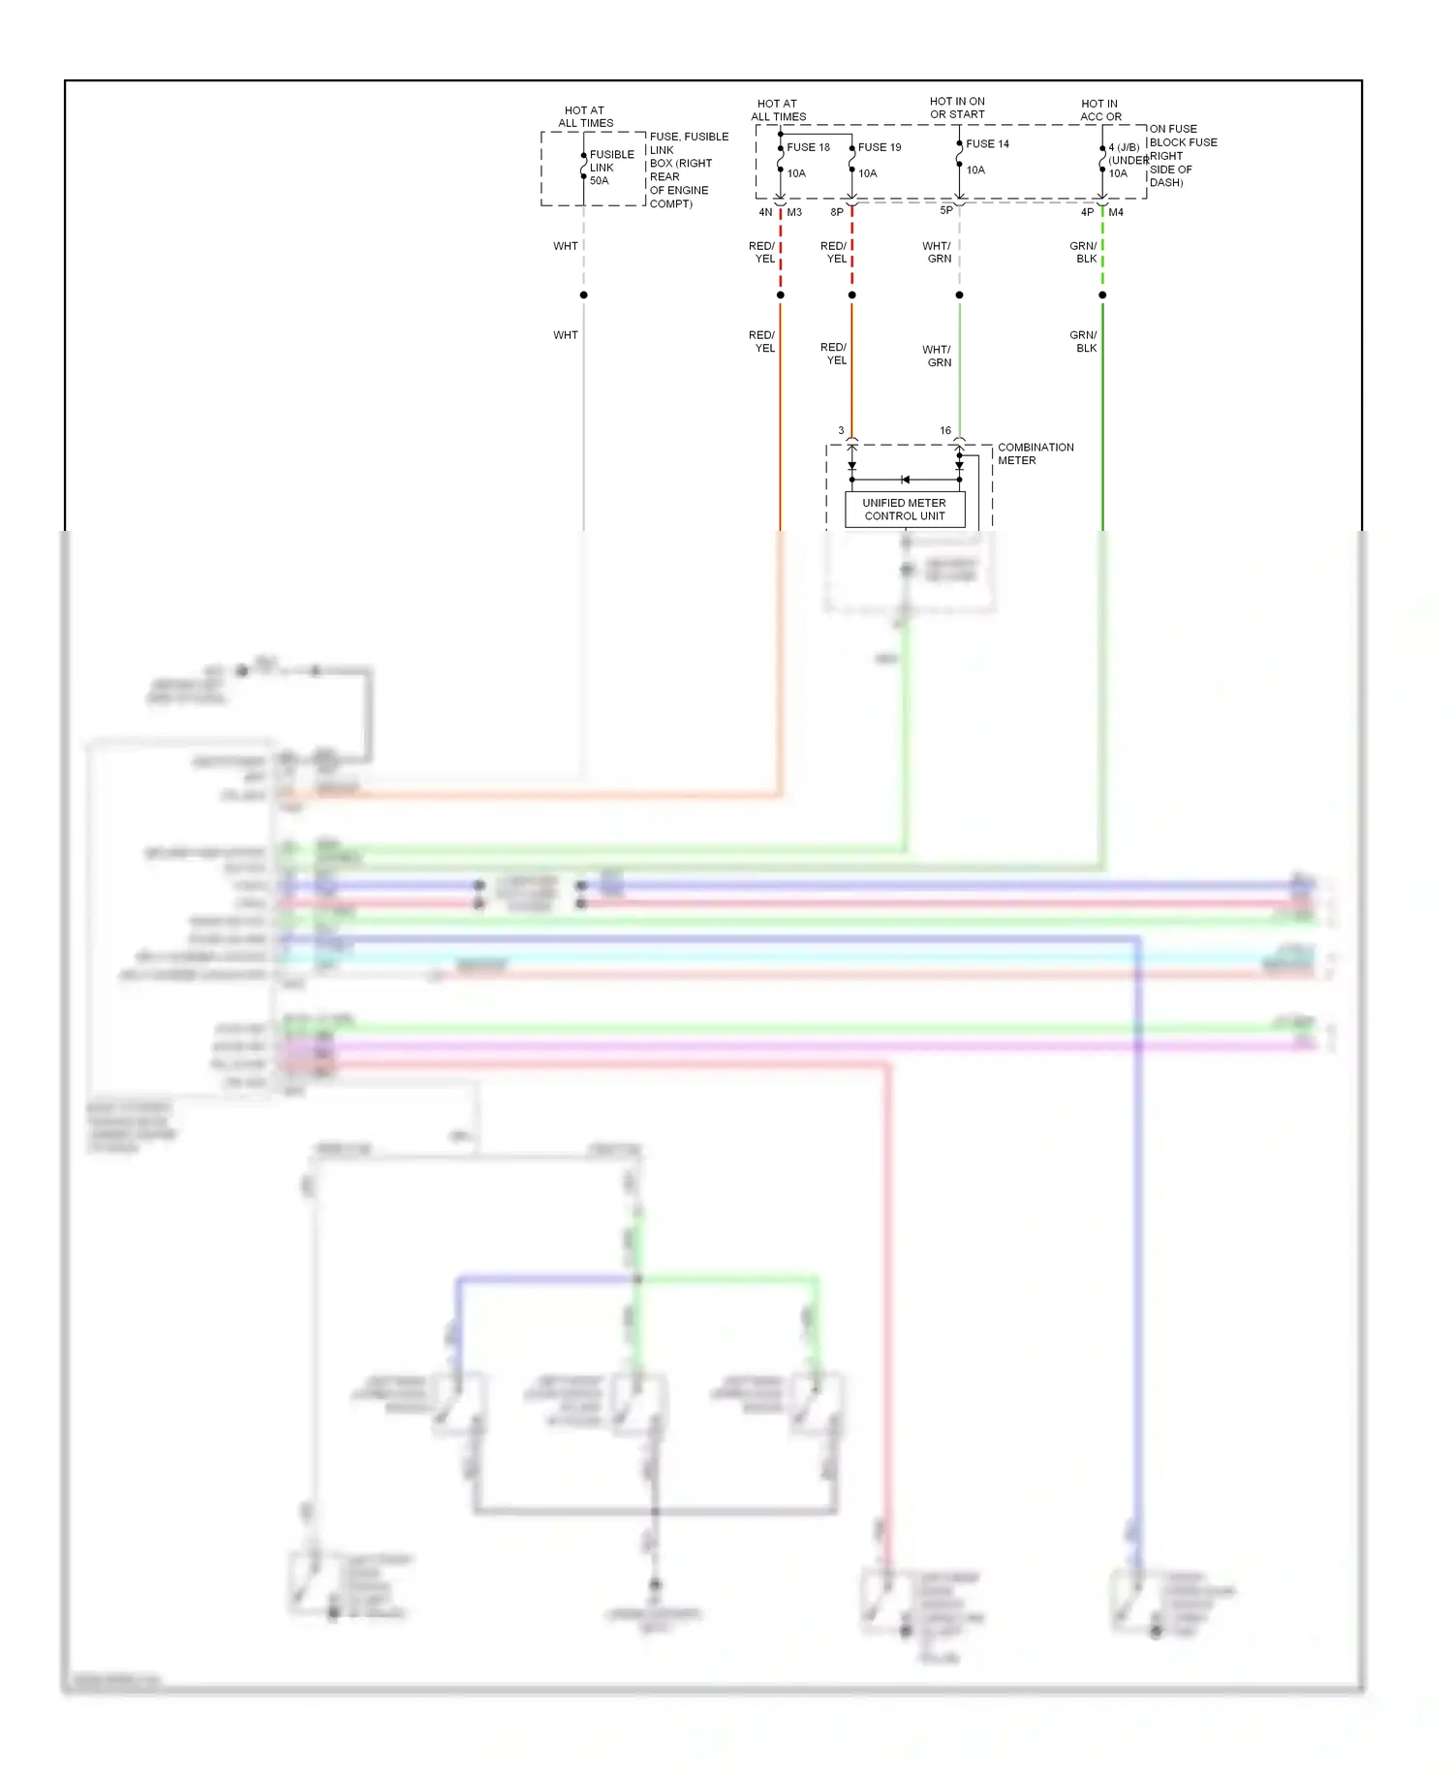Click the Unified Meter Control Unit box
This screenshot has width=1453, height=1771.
[x=904, y=510]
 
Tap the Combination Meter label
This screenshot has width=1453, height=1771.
[x=1035, y=453]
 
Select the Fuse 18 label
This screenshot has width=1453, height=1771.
[x=808, y=147]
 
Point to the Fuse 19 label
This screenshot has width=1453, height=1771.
[x=880, y=147]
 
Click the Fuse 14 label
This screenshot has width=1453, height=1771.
[x=987, y=143]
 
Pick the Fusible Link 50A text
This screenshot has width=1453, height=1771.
[x=611, y=168]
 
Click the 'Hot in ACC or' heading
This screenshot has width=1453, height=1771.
[x=1100, y=110]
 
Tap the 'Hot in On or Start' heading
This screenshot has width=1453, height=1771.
[x=957, y=108]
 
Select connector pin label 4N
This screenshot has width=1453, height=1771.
[x=765, y=212]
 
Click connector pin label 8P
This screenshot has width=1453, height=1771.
[x=837, y=212]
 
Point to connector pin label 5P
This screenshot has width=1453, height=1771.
[x=946, y=210]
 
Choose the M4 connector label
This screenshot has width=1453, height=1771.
[x=1116, y=212]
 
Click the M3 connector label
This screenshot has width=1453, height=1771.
[x=794, y=212]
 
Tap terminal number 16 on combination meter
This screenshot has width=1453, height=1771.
[x=945, y=430]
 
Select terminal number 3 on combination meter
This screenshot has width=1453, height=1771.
[x=841, y=430]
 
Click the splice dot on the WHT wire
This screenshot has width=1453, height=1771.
[x=583, y=295]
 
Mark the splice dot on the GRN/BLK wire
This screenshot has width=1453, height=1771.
[x=1102, y=295]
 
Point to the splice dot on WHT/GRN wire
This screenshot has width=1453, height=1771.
[x=959, y=295]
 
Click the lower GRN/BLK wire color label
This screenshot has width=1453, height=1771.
[x=1084, y=341]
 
